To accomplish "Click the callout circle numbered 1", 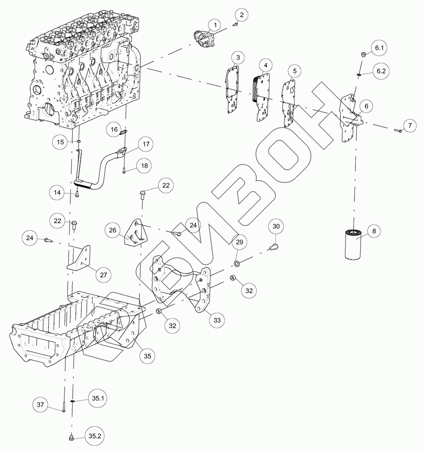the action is click(x=215, y=25).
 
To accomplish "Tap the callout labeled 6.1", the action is click(x=379, y=48).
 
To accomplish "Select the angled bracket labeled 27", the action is click(x=80, y=259).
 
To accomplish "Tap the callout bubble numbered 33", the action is click(x=216, y=320).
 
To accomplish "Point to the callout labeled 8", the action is click(x=374, y=232).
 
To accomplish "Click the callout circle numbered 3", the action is click(x=237, y=58).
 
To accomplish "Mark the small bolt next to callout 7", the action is click(x=396, y=131).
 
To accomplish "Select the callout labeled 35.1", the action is click(x=96, y=398).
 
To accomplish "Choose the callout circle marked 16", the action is click(x=114, y=129).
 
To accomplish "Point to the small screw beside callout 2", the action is click(x=235, y=25).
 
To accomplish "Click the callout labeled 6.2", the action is click(x=379, y=71).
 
